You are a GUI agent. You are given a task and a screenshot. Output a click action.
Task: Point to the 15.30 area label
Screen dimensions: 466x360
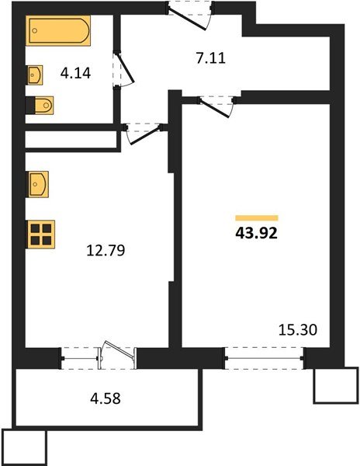[296, 329]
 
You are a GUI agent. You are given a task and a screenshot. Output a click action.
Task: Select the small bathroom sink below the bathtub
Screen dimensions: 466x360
[36, 75]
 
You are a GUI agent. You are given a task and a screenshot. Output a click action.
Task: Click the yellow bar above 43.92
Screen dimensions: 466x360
[257, 217]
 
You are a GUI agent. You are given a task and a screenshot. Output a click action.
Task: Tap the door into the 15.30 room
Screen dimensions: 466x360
[220, 104]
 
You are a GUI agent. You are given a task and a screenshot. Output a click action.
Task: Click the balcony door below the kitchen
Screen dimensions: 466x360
[110, 358]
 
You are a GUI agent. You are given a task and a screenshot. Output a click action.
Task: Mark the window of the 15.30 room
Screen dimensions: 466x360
[264, 358]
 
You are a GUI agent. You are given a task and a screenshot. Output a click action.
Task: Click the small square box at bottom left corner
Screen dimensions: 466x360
[24, 447]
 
